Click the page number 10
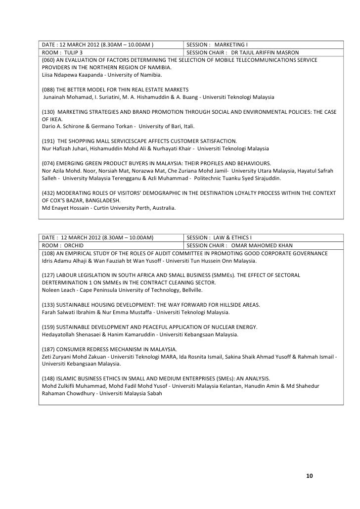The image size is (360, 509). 310,476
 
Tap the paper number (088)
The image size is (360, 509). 49,90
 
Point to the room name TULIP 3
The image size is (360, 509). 73,52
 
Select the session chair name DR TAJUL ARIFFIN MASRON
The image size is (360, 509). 265,52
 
